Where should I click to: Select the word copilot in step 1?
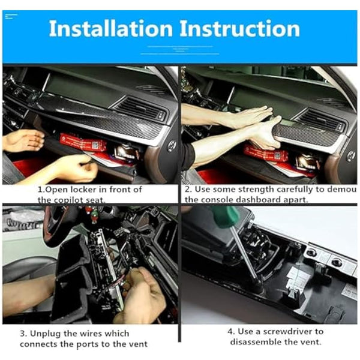click(x=76, y=200)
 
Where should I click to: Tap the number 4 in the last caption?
click(x=232, y=331)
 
